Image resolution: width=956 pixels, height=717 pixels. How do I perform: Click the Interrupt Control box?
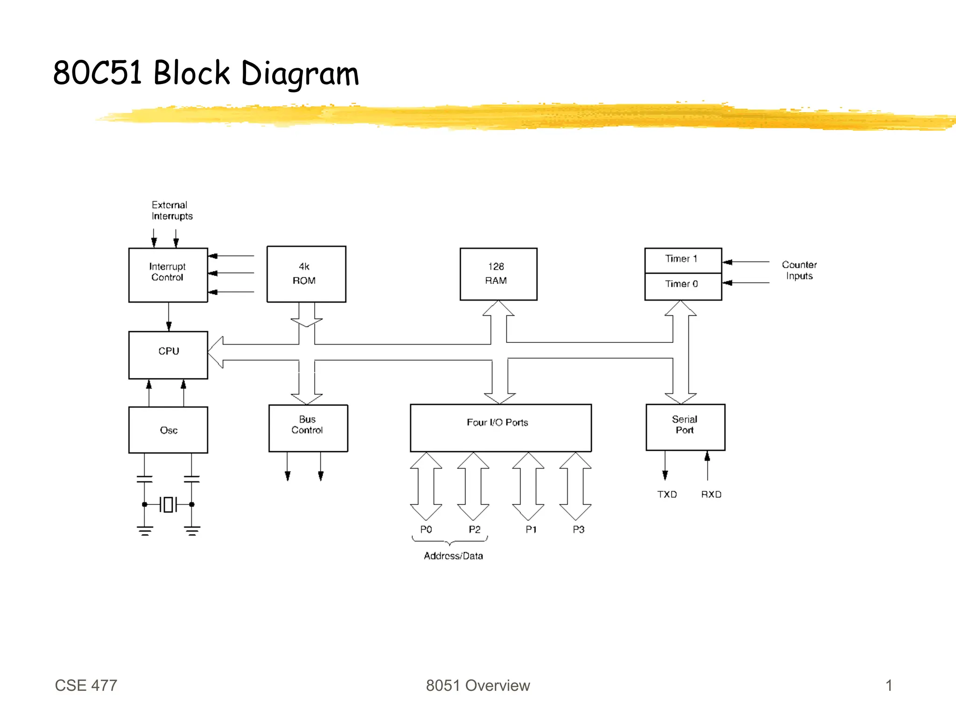click(168, 275)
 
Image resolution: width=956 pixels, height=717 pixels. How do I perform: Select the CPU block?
click(168, 355)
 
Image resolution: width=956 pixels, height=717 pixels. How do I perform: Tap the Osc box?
click(168, 430)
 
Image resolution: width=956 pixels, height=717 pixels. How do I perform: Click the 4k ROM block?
click(306, 274)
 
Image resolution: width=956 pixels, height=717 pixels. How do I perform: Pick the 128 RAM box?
click(498, 274)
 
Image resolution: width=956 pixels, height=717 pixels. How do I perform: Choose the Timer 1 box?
click(682, 260)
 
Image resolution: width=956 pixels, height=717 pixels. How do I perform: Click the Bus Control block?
click(308, 427)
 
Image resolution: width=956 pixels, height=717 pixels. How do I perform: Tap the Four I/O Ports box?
click(500, 427)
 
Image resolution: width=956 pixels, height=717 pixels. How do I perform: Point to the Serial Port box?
click(685, 426)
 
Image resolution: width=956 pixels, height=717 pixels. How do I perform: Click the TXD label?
click(667, 494)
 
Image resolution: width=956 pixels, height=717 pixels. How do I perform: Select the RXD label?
click(711, 494)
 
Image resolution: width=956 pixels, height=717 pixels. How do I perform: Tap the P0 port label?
click(426, 529)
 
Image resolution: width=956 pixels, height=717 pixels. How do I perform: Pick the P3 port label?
click(578, 529)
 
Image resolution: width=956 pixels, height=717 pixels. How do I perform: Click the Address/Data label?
click(453, 556)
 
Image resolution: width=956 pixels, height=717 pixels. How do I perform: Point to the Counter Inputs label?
click(799, 270)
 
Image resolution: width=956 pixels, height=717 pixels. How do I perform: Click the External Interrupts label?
click(171, 210)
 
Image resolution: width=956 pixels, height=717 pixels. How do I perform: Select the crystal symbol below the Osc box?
click(168, 504)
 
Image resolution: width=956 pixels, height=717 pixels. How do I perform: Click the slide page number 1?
click(889, 685)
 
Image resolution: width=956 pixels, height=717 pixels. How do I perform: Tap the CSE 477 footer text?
click(86, 685)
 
